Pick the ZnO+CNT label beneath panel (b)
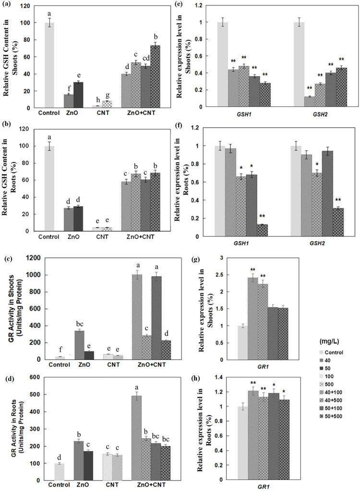point(145,237)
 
